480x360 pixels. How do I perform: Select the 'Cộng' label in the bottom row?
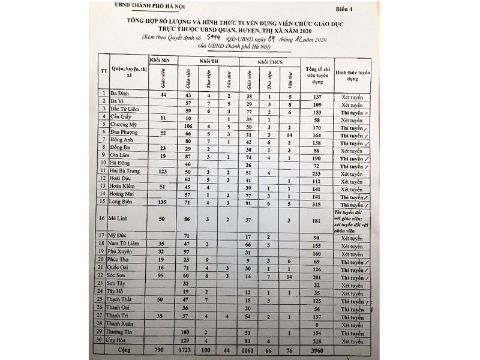pos(124,349)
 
